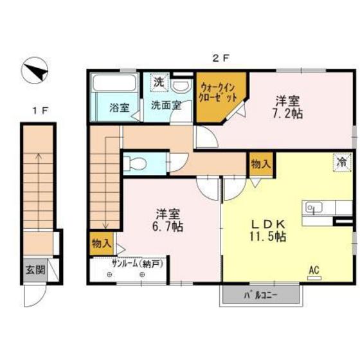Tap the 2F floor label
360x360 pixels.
221,57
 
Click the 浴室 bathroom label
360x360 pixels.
118,107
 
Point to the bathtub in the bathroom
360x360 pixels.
113,84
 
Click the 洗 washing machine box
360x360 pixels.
158,82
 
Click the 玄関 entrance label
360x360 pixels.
35,271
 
